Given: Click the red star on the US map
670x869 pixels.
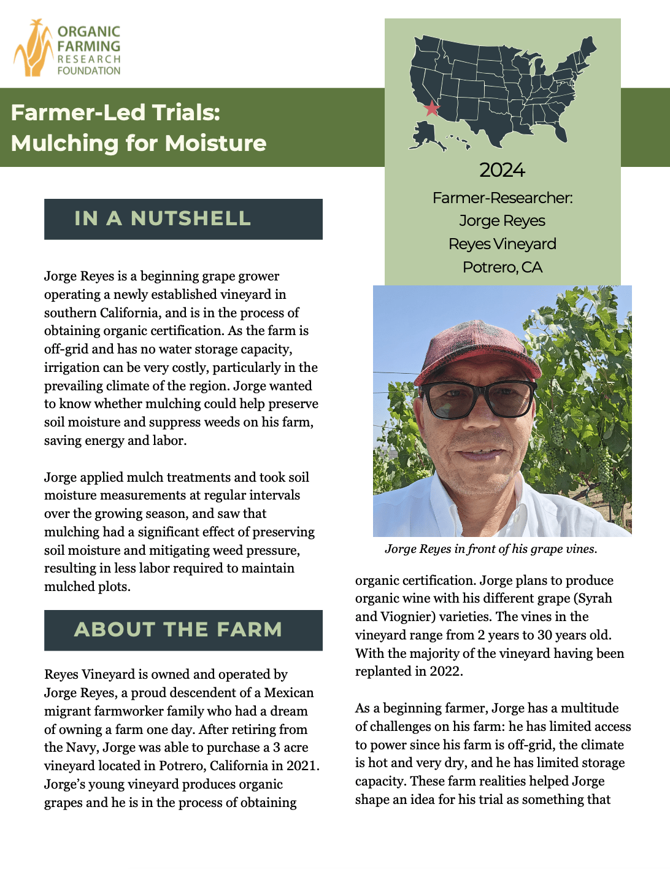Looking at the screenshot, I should point(432,108).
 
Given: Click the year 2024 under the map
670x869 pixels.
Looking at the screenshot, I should point(502,170).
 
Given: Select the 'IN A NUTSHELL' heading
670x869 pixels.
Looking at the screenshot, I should point(163,218).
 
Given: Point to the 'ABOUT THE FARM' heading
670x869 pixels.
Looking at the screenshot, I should point(178,630).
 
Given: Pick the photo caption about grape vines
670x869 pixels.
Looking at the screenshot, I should point(491,549).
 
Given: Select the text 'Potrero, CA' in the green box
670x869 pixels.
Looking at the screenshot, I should point(503,268).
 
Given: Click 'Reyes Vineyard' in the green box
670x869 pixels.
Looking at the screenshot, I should point(502,244).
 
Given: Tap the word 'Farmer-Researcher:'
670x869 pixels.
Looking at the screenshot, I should point(502,198).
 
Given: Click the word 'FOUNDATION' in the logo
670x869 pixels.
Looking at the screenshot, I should point(89,71).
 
